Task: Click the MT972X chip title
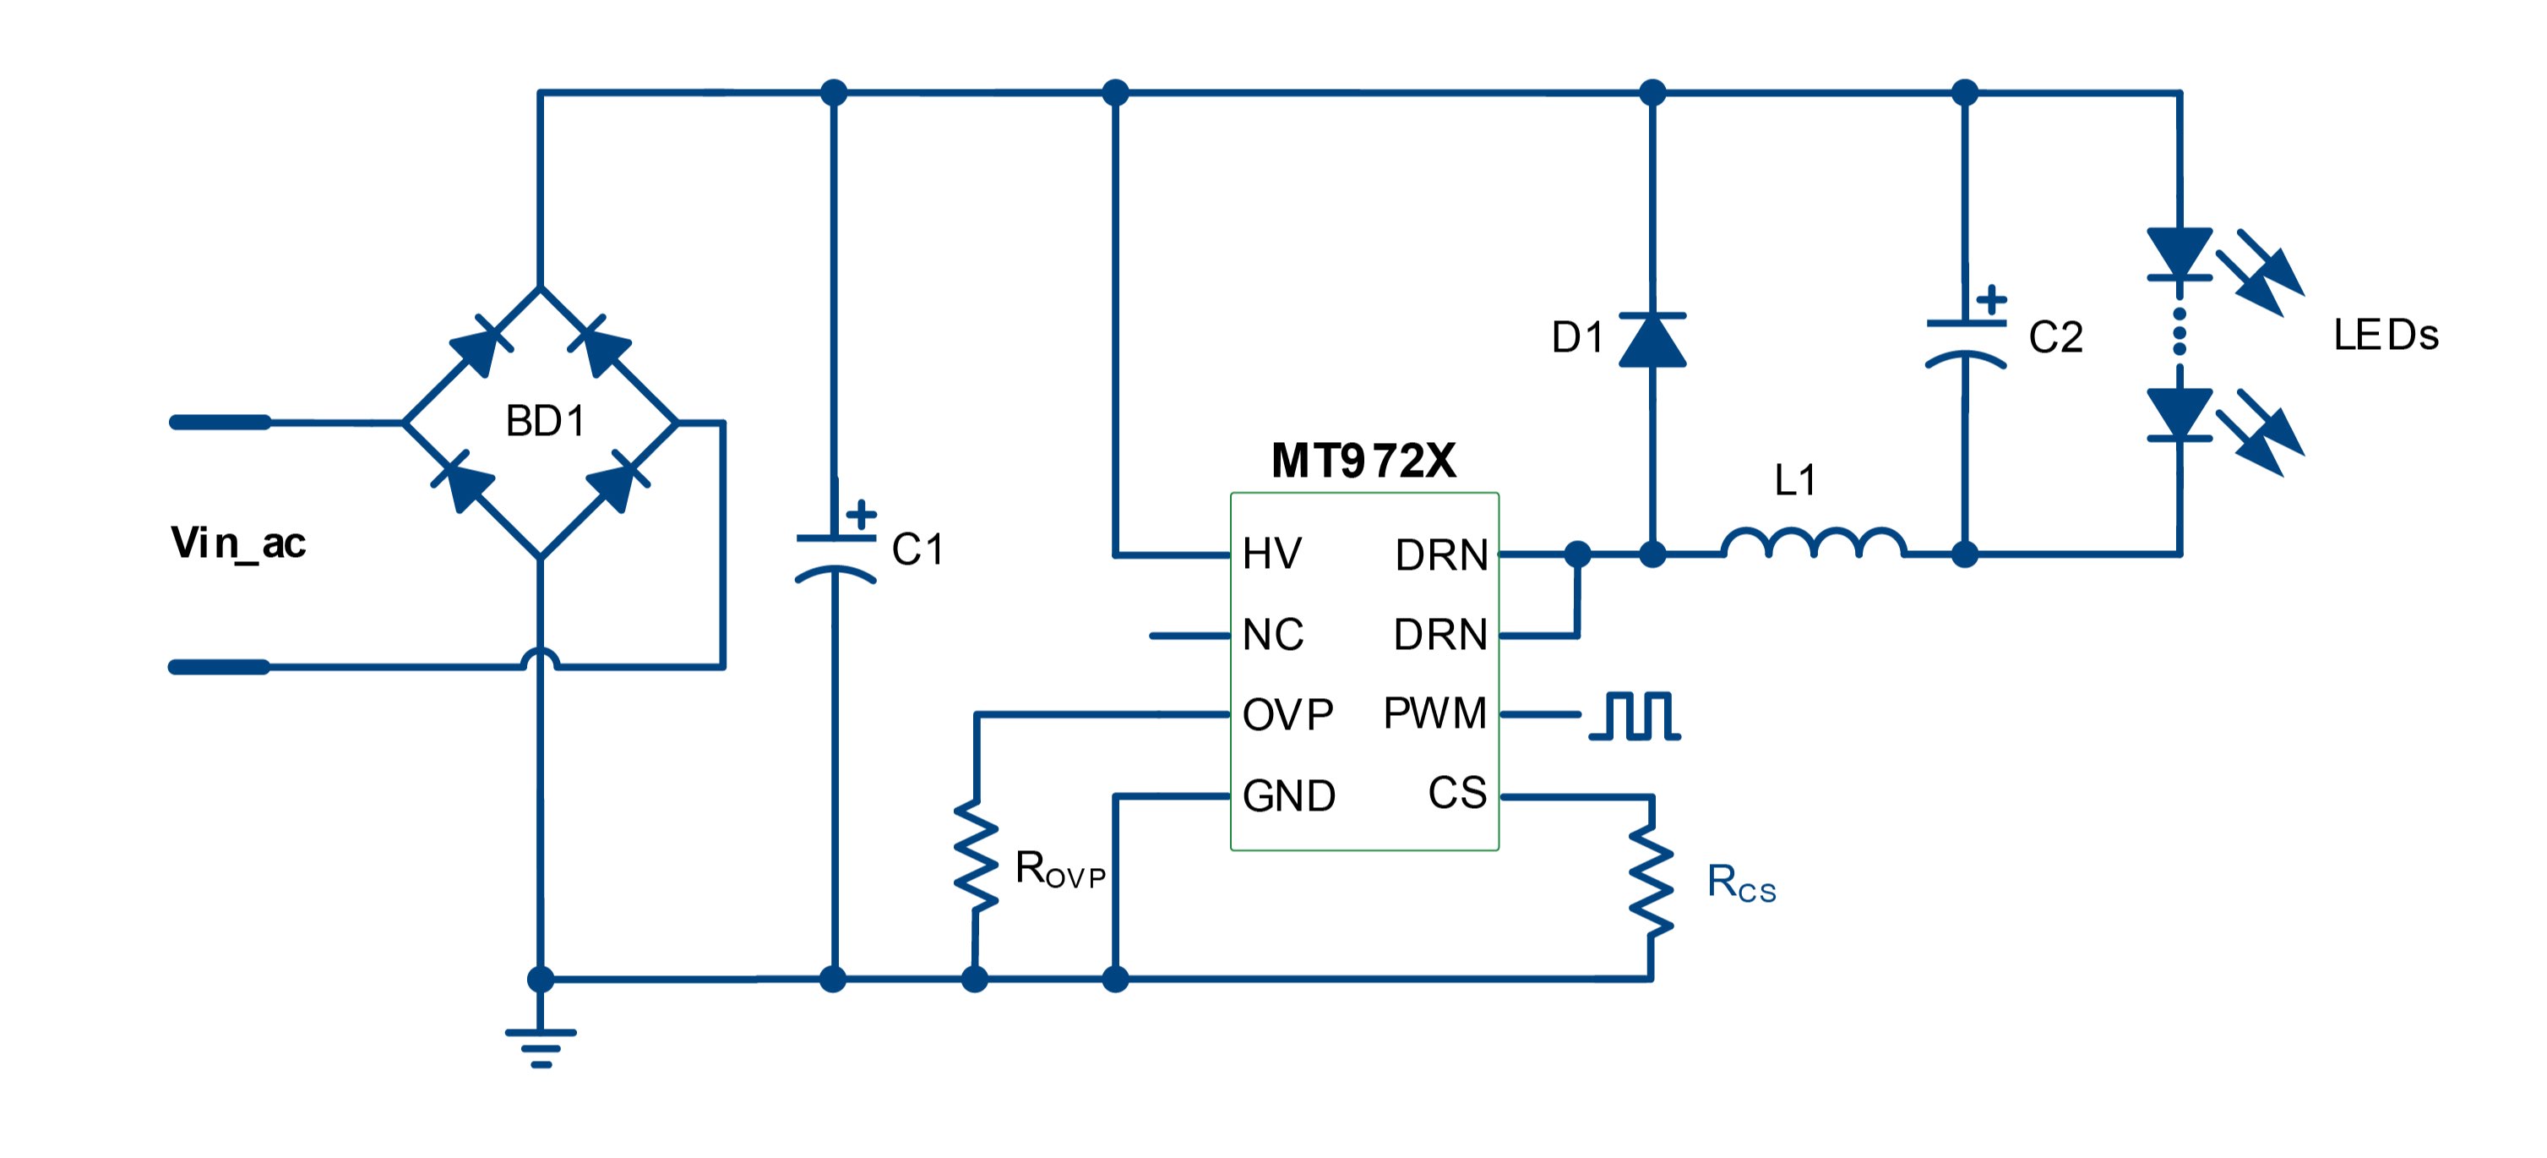(1363, 461)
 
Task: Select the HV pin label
(1271, 554)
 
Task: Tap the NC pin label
(1272, 635)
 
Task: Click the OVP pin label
(1287, 715)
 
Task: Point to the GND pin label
(1288, 796)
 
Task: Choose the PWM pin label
(1434, 713)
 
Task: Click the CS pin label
(1457, 793)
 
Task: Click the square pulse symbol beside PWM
(1635, 716)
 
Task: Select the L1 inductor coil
(1814, 543)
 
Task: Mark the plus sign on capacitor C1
(861, 514)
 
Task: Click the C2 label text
(2055, 338)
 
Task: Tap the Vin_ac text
(238, 543)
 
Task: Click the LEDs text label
(2385, 336)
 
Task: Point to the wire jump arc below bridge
(541, 658)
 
